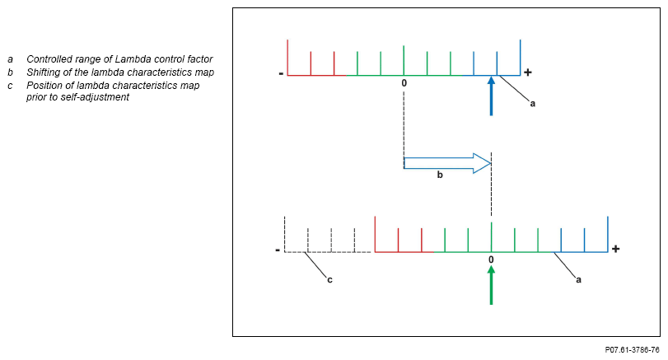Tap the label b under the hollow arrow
coord(440,175)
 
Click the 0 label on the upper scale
coord(404,83)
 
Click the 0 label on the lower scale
coord(491,259)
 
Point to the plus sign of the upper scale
coord(528,72)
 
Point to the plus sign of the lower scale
coord(615,249)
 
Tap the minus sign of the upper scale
coord(281,73)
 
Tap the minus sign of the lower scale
coord(278,250)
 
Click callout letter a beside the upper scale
coord(532,104)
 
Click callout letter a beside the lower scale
coord(578,279)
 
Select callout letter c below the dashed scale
coord(329,279)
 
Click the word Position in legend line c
coord(45,86)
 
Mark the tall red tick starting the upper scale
coord(287,57)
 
